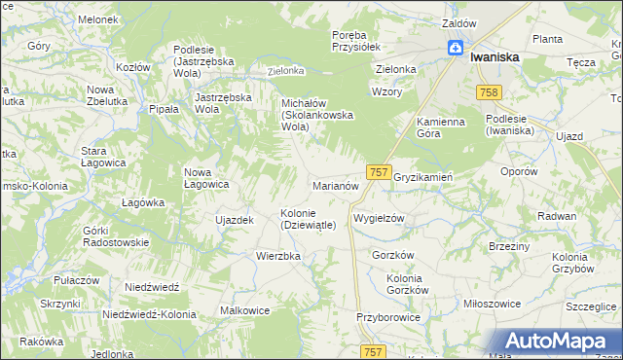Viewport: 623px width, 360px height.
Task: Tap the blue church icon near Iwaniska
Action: pyautogui.click(x=455, y=49)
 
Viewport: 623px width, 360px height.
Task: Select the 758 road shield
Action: pyautogui.click(x=489, y=91)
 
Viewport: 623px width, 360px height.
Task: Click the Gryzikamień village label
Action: pyautogui.click(x=423, y=177)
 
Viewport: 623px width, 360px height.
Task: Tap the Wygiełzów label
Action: pyautogui.click(x=379, y=219)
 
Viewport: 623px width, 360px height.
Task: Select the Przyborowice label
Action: pyautogui.click(x=387, y=317)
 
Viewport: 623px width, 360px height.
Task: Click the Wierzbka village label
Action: pyautogui.click(x=278, y=256)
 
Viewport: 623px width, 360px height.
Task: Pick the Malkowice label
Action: pyautogui.click(x=245, y=310)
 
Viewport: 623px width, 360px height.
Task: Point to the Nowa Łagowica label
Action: pyautogui.click(x=206, y=178)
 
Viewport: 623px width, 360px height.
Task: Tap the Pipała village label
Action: pyautogui.click(x=164, y=110)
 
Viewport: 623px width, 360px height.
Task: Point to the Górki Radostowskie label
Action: pyautogui.click(x=115, y=235)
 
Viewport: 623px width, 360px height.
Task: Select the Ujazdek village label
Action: pyautogui.click(x=234, y=220)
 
